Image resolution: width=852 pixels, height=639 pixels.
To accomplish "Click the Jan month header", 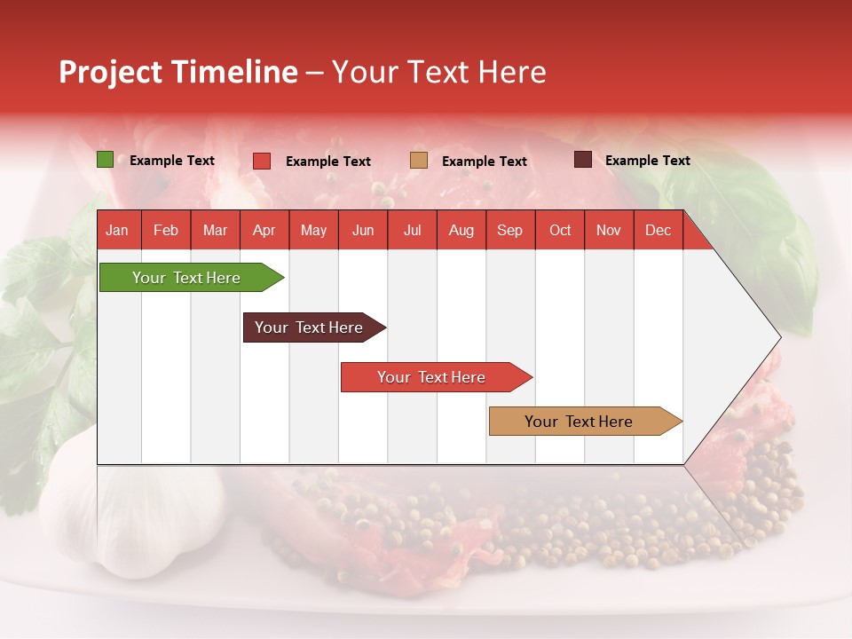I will tap(117, 230).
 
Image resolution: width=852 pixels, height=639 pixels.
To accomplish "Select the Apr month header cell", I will tap(264, 230).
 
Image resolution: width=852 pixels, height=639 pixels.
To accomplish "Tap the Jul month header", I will tap(412, 230).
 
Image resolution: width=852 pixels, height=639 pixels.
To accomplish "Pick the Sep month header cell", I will tap(509, 230).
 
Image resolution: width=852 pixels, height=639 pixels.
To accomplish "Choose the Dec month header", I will tap(658, 230).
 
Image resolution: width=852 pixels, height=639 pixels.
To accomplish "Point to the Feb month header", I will tap(166, 230).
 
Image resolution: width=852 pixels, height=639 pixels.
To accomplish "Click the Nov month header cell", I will tap(608, 230).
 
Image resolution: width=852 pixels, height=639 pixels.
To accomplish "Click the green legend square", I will tap(105, 160).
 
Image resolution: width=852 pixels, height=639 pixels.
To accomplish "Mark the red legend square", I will tap(262, 161).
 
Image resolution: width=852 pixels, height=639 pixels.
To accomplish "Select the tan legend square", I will tap(419, 161).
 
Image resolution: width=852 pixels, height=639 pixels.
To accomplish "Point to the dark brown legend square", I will tap(582, 160).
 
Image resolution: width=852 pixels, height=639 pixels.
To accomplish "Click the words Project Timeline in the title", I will tap(177, 72).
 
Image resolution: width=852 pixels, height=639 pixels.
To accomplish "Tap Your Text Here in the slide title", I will tap(438, 72).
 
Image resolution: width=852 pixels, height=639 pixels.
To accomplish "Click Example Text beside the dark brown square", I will tap(647, 161).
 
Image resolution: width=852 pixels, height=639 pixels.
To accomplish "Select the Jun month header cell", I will tap(363, 230).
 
